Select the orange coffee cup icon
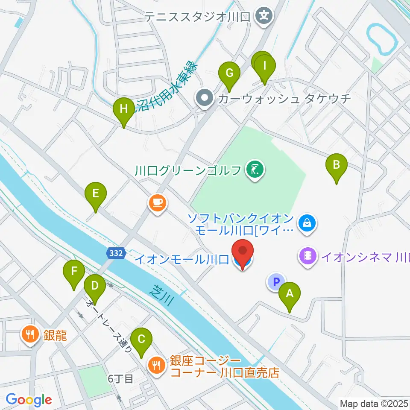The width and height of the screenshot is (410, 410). tap(157, 202)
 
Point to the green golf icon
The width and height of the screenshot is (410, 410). tap(255, 170)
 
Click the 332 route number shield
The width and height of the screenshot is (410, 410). tap(115, 253)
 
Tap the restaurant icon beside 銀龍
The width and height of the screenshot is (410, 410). tap(30, 334)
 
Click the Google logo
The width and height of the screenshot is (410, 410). tap(29, 400)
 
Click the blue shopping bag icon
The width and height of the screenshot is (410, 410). tap(307, 223)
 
